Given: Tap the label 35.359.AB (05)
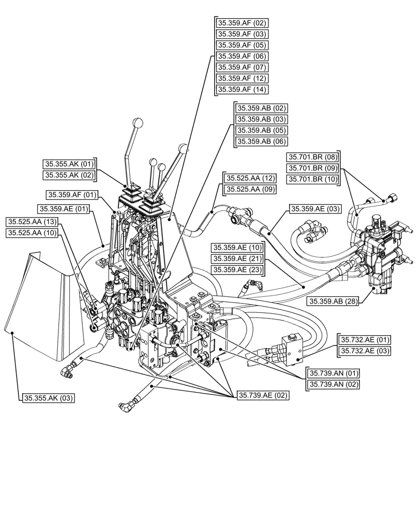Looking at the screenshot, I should click(x=261, y=130).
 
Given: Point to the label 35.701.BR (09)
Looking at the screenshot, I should click(x=313, y=168).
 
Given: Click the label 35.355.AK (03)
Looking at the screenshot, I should click(x=49, y=398).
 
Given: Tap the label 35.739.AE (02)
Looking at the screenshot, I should click(x=263, y=395).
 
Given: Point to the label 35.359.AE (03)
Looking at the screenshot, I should click(x=316, y=209).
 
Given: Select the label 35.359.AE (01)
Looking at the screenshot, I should click(x=64, y=209).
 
